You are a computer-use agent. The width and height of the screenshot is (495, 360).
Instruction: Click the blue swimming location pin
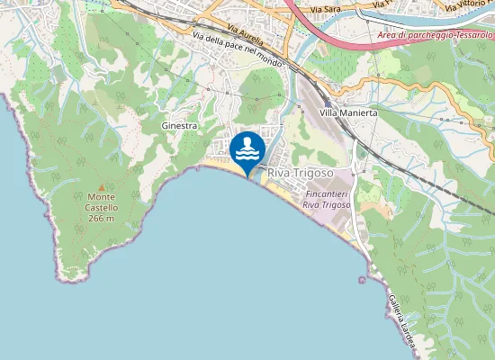click(x=247, y=150)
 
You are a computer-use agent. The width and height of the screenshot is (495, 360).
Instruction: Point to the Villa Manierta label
click(x=348, y=114)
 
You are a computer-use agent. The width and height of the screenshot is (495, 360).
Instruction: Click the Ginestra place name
click(x=179, y=126)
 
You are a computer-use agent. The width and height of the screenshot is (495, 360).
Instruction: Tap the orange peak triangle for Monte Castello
click(x=101, y=186)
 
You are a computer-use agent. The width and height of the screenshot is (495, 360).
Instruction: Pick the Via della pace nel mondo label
click(x=238, y=50)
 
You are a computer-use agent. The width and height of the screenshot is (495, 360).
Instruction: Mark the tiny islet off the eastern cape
click(x=362, y=279)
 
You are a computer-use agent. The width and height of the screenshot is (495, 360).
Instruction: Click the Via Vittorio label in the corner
click(x=469, y=8)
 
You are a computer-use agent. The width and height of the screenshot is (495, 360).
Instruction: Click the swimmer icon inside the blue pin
click(x=247, y=147)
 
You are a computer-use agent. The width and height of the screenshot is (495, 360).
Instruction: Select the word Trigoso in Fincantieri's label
click(x=336, y=205)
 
